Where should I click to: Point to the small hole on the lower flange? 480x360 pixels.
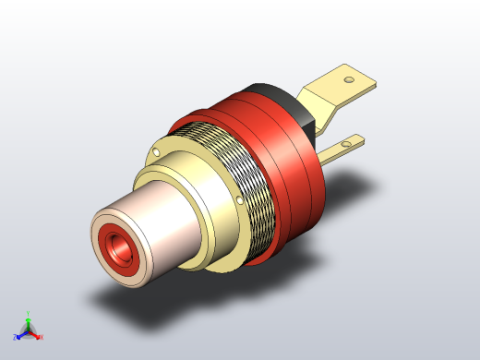click(x=242, y=198)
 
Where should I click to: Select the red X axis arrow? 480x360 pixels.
click(x=35, y=333)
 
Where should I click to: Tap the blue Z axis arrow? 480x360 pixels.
click(x=20, y=333)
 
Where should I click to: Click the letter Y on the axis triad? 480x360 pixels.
click(x=29, y=312)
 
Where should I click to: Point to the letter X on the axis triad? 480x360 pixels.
click(x=42, y=337)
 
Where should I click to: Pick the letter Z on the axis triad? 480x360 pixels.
click(x=15, y=337)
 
